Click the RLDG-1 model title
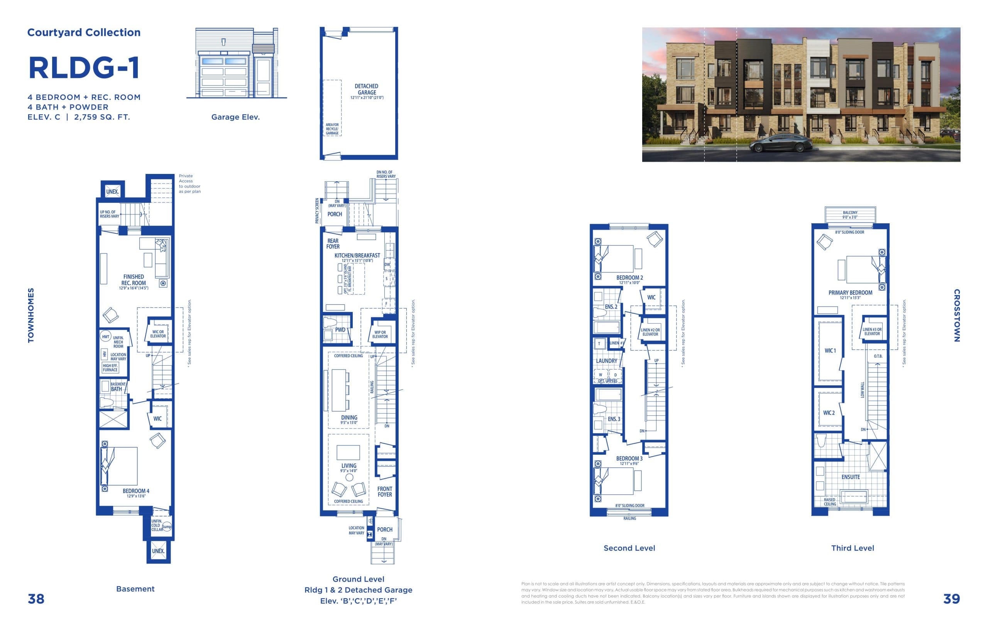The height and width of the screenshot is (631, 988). click(84, 67)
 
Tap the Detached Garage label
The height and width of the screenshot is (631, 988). click(366, 89)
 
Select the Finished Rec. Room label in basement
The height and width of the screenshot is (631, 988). click(134, 280)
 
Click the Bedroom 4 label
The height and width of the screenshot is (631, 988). click(136, 491)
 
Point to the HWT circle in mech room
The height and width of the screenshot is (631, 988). click(105, 337)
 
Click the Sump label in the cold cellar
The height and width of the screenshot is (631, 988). click(167, 526)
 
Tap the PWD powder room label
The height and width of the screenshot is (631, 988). click(340, 330)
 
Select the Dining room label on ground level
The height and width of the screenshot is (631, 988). click(349, 417)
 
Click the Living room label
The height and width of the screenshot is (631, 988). click(349, 466)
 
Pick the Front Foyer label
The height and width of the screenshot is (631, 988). click(384, 492)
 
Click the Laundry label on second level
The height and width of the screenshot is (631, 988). click(606, 361)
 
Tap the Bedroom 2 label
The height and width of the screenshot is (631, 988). click(629, 278)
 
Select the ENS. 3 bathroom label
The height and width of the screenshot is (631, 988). click(614, 419)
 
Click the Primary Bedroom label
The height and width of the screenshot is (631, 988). click(850, 293)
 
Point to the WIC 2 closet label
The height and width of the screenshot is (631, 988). click(829, 413)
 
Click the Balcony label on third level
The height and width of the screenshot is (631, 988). click(850, 213)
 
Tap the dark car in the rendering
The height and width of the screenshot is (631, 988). click(780, 143)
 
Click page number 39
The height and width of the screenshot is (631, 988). click(951, 599)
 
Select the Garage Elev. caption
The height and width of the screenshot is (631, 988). click(235, 117)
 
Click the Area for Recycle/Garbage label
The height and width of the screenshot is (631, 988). click(332, 129)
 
